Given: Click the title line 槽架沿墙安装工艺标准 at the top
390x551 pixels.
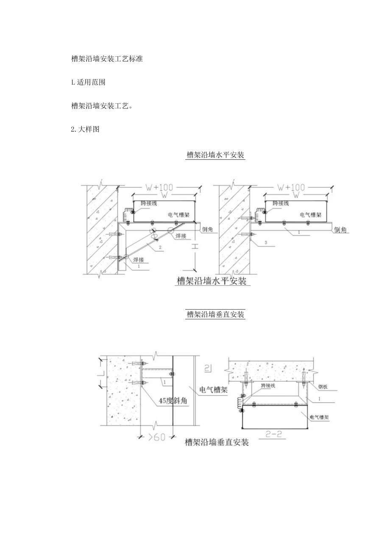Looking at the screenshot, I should (x=107, y=59).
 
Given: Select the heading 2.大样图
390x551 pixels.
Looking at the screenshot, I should (x=85, y=130).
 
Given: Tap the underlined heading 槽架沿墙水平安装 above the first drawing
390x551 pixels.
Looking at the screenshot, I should (x=216, y=155).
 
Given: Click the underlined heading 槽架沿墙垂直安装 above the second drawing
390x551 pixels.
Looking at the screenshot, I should (x=215, y=315).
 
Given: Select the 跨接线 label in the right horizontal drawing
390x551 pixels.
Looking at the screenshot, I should (x=281, y=204).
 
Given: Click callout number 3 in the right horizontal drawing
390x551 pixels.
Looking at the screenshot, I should (x=265, y=243).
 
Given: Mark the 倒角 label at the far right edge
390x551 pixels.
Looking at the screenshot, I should (x=343, y=230).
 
